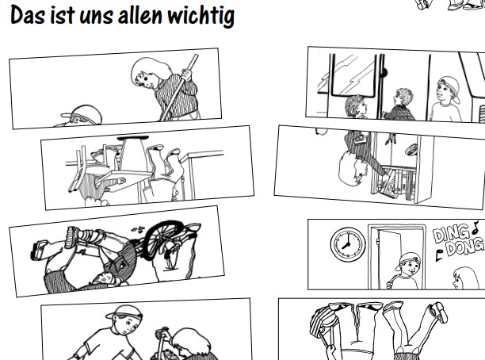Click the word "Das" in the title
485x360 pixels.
[27, 14]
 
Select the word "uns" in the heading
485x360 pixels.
[96, 17]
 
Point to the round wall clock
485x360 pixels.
[348, 244]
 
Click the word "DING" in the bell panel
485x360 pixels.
[452, 236]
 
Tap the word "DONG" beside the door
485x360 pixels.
[464, 247]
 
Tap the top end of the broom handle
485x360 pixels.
[196, 56]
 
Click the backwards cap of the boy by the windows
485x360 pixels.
[449, 87]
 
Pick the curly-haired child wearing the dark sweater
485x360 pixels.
[399, 105]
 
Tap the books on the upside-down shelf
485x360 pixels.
[395, 182]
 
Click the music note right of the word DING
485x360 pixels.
[475, 228]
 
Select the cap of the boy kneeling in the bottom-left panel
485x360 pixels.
[124, 312]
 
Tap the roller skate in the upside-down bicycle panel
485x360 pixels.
[39, 248]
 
